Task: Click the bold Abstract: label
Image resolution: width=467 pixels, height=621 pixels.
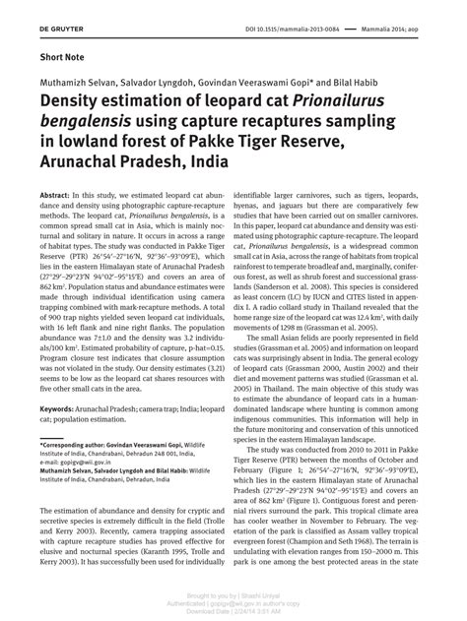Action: pyautogui.click(x=55, y=197)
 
